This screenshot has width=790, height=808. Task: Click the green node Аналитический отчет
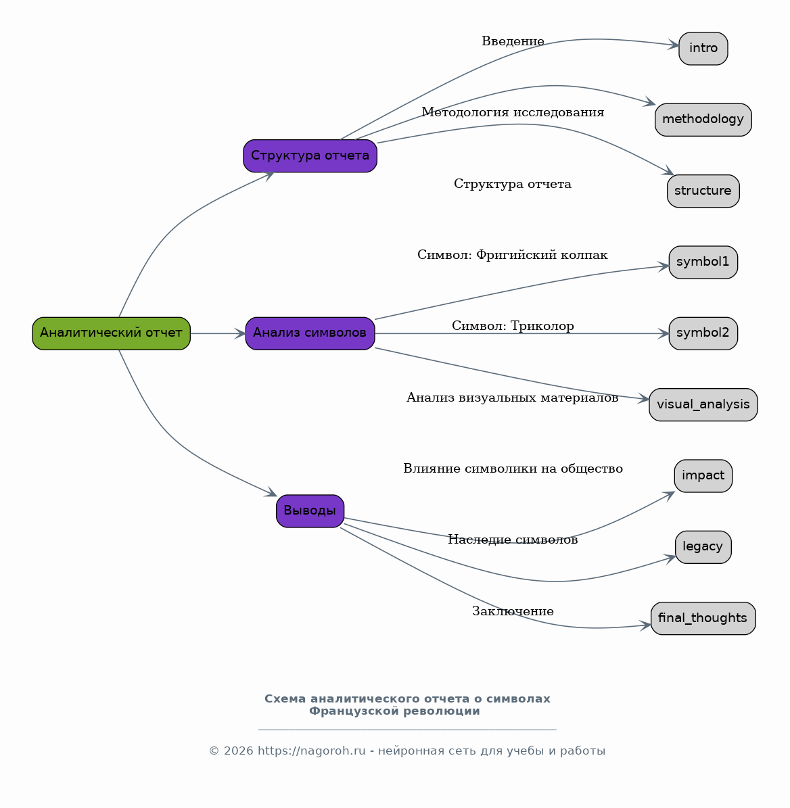[112, 333]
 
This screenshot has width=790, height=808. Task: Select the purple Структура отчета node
[310, 156]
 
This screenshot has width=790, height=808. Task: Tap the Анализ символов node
[310, 333]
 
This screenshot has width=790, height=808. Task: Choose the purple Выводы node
[310, 511]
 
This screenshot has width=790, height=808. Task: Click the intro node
[703, 49]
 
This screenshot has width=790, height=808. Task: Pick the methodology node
[703, 120]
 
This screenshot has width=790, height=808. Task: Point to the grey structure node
[703, 191]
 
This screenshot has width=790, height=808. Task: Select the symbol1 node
[703, 262]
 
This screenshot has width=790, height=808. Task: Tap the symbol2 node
[703, 333]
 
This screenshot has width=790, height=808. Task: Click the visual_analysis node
[703, 404]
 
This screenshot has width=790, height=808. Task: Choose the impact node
[703, 476]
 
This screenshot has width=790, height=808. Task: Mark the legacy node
[703, 547]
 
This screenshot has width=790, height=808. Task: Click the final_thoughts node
[703, 619]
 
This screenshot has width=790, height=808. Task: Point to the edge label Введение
[513, 41]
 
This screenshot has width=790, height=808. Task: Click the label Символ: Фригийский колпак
[513, 255]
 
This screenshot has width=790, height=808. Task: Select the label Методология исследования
[513, 112]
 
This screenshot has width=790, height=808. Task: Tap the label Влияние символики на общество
[513, 469]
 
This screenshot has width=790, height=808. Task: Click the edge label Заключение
[513, 611]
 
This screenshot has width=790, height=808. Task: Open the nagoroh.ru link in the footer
[311, 751]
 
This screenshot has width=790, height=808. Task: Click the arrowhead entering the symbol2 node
[664, 333]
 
